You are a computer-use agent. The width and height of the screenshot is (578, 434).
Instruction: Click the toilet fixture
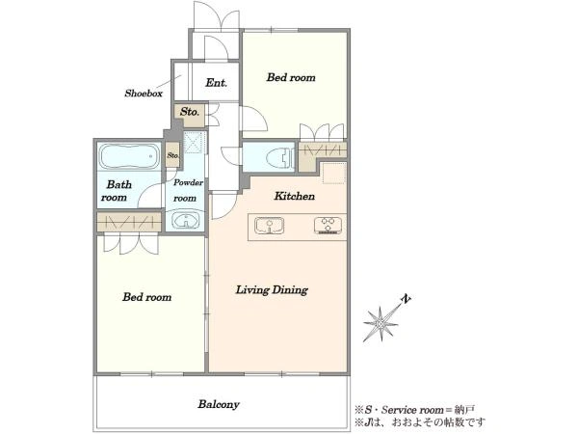tap(283, 157)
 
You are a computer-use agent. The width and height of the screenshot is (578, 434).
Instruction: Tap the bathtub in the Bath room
tap(129, 156)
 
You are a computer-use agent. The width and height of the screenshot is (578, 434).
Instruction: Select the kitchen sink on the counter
tap(270, 225)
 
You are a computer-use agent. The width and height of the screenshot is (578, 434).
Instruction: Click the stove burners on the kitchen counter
tap(328, 225)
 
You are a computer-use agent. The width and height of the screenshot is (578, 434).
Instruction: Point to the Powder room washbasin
tap(186, 221)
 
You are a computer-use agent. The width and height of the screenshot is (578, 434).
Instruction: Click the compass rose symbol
tap(381, 324)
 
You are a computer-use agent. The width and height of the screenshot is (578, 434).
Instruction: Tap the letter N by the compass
tap(407, 299)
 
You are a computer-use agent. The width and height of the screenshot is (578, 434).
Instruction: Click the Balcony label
tap(219, 404)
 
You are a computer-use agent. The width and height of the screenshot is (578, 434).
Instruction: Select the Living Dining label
tap(272, 290)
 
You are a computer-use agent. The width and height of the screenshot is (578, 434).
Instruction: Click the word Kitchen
tap(294, 196)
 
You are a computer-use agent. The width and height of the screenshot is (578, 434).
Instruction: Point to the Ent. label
tap(216, 83)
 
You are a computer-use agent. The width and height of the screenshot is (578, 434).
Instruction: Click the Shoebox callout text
tap(144, 94)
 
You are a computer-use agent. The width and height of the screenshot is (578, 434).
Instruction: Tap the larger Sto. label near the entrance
tap(190, 112)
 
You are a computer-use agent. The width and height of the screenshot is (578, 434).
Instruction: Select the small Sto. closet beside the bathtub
tap(172, 155)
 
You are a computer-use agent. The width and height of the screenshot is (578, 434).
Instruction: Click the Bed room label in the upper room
tap(291, 77)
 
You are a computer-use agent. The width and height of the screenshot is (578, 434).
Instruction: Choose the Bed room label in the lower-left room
tap(146, 297)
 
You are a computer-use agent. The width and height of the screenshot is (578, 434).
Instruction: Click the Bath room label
tap(117, 191)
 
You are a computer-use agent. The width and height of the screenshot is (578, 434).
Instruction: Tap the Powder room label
tap(188, 190)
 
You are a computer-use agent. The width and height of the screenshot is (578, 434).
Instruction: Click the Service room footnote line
tap(414, 410)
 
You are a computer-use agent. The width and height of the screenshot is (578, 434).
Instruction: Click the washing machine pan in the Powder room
tap(193, 143)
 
